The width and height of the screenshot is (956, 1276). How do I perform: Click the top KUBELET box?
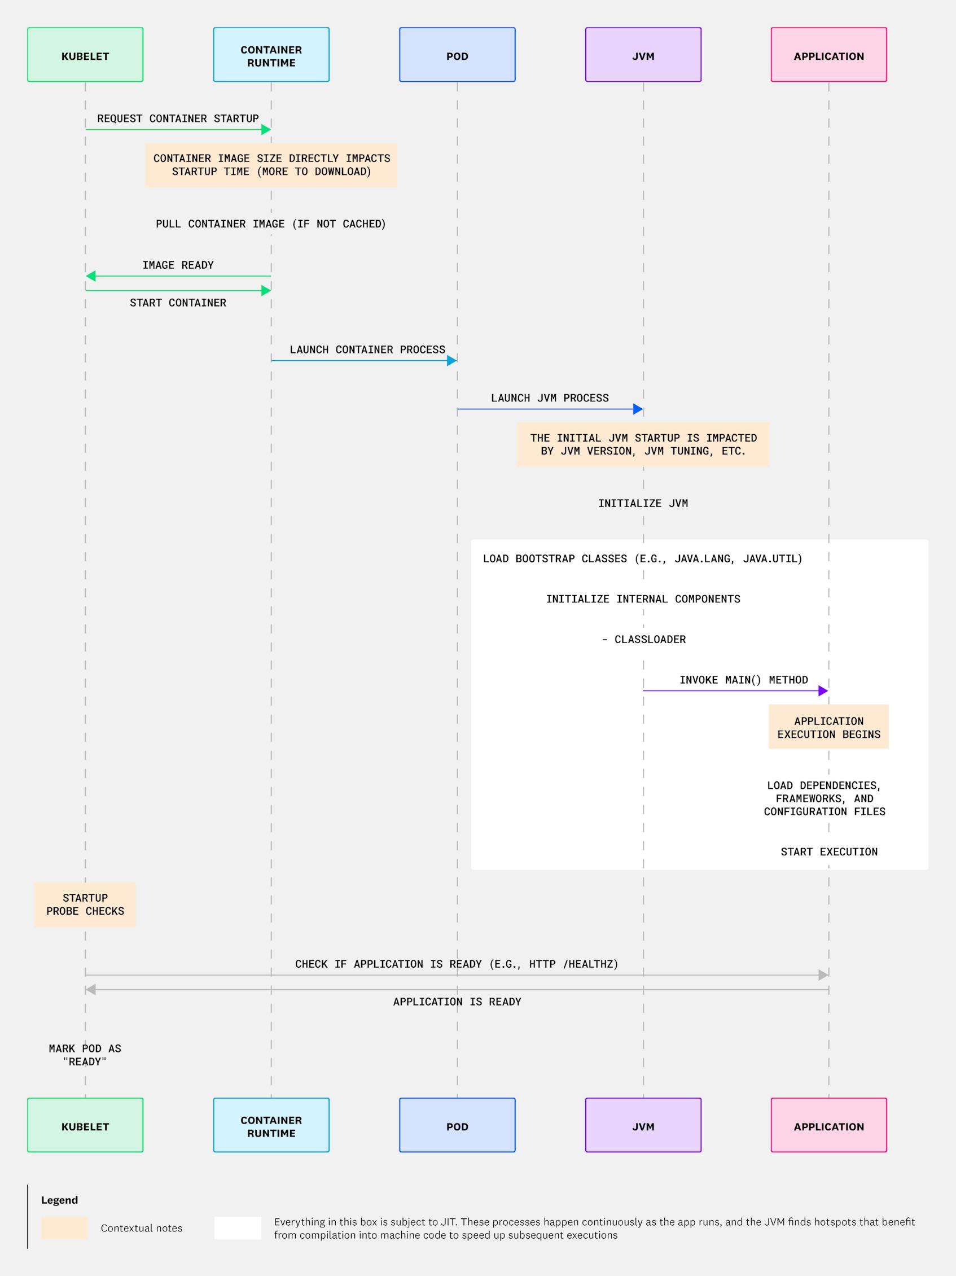[x=85, y=55]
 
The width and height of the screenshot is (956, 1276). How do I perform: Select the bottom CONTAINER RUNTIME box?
[x=271, y=1125]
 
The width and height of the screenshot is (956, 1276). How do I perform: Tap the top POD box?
[x=457, y=55]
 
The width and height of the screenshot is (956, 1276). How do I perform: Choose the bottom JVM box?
[x=643, y=1125]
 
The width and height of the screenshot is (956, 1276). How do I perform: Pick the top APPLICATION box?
[x=828, y=55]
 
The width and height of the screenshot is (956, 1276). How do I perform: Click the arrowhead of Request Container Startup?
[x=266, y=130]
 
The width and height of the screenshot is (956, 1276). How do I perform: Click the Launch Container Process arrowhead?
[x=451, y=361]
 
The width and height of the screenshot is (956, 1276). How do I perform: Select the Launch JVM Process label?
[x=550, y=398]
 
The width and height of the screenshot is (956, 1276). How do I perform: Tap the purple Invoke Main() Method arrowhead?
[x=823, y=691]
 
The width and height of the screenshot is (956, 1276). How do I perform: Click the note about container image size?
[x=271, y=165]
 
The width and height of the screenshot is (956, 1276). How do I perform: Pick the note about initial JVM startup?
[x=643, y=445]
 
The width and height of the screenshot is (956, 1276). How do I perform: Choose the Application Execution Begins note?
[x=828, y=727]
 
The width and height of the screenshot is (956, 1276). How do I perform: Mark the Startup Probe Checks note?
[x=85, y=904]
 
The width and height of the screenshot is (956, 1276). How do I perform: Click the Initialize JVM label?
[x=643, y=504]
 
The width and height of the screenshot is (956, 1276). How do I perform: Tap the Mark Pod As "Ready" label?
[x=85, y=1055]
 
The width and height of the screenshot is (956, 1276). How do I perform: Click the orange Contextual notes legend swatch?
[x=64, y=1228]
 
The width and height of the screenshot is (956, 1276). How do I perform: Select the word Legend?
[x=59, y=1200]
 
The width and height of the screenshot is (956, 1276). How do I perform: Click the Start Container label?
[x=178, y=303]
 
